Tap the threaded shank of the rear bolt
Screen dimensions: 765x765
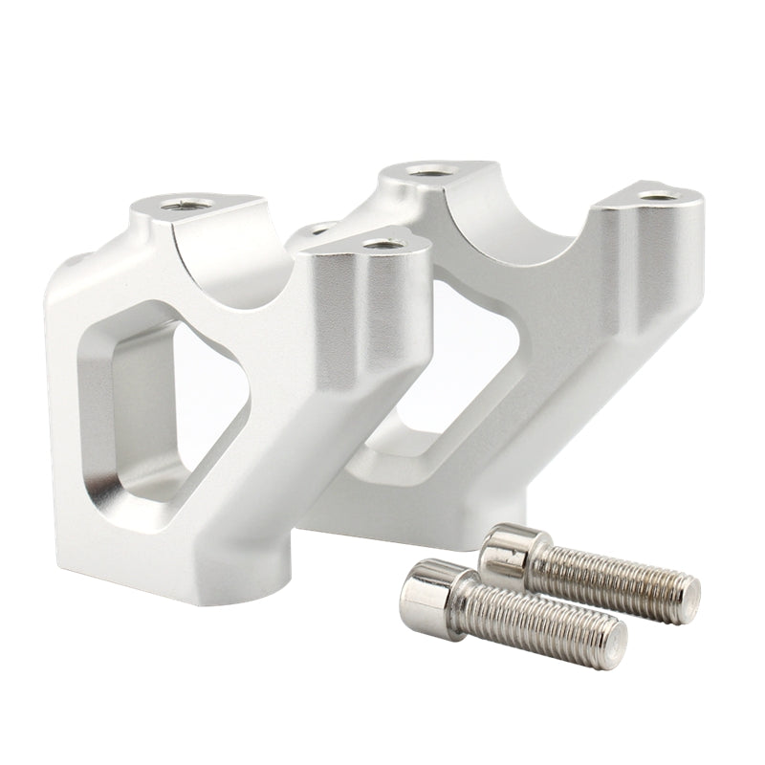pyautogui.click(x=612, y=574)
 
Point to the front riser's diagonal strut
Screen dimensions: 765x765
pyautogui.click(x=287, y=449)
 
